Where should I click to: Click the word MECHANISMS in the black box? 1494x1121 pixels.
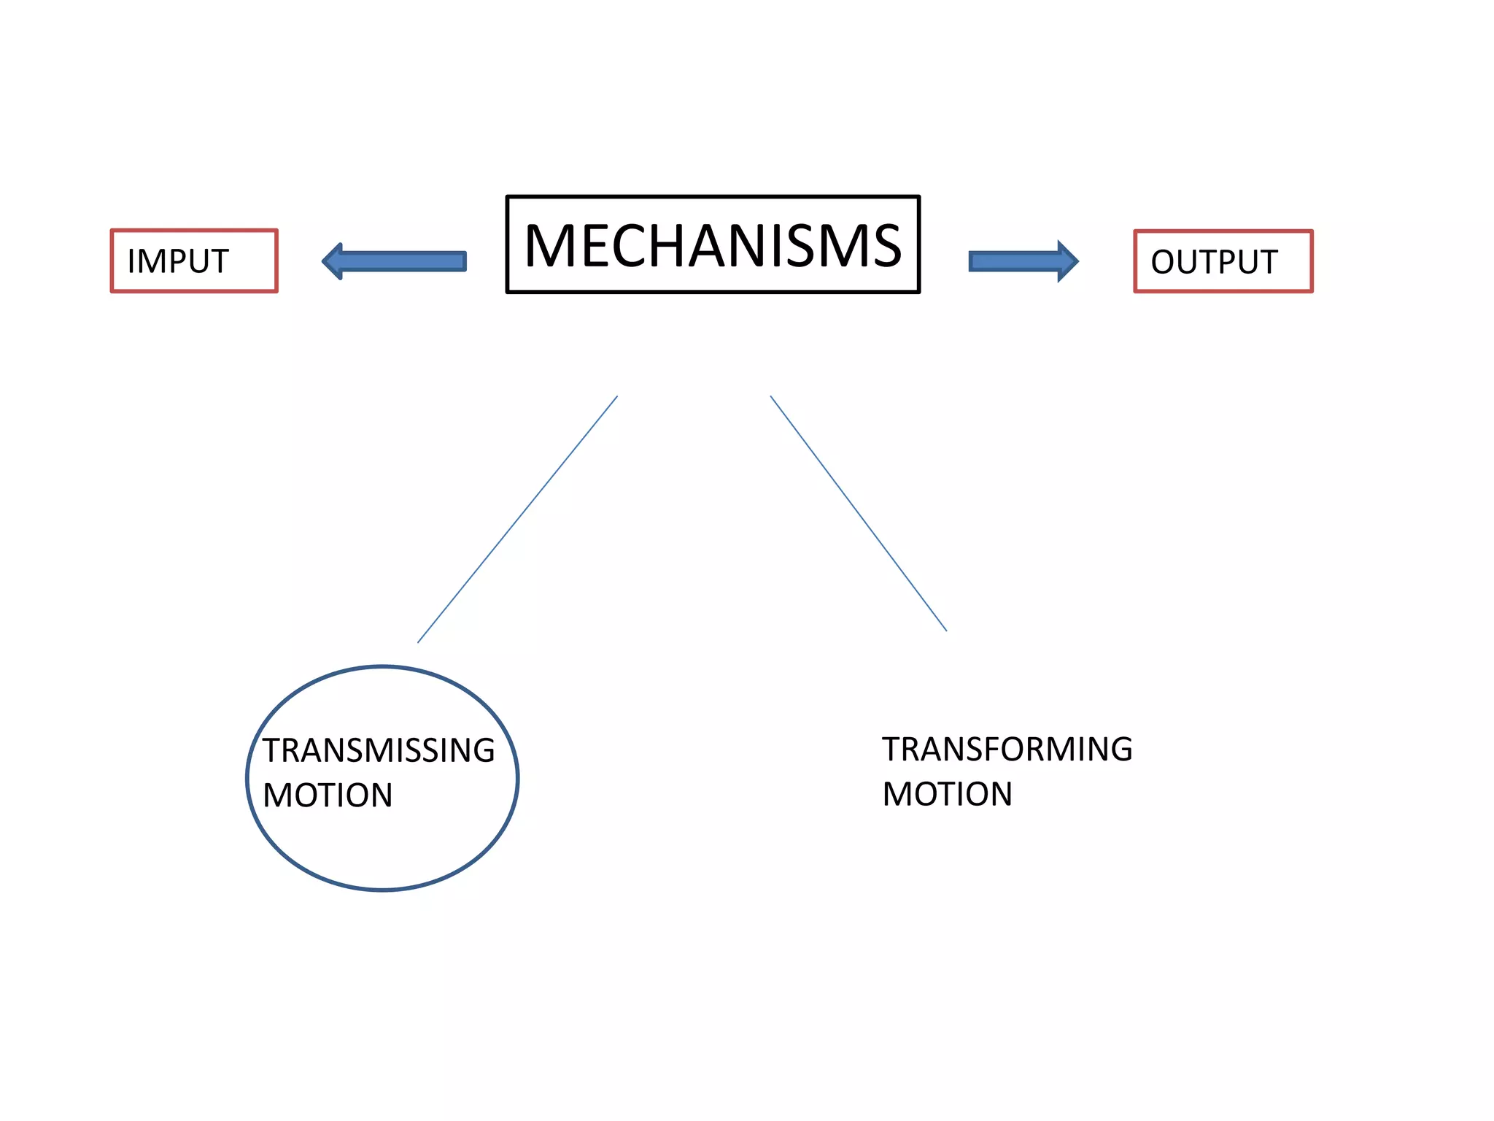coord(713,245)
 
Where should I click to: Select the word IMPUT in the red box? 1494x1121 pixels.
coord(178,261)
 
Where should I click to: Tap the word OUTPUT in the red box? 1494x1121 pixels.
coord(1214,262)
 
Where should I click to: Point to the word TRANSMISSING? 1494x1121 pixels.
coord(379,750)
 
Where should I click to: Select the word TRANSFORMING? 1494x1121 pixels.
coord(1007,750)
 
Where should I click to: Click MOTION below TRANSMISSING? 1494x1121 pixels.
coord(328,796)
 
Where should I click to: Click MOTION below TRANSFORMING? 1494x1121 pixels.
coord(947,794)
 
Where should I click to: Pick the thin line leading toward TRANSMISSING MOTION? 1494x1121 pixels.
coord(517,520)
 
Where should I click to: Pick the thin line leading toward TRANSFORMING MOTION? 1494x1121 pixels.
coord(859,514)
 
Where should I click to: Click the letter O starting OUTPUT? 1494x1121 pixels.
coord(1164,262)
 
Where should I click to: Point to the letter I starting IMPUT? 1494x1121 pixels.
coord(131,261)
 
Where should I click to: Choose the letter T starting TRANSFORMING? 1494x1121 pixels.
coord(893,750)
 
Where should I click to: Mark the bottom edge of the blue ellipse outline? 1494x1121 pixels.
coord(383,890)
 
